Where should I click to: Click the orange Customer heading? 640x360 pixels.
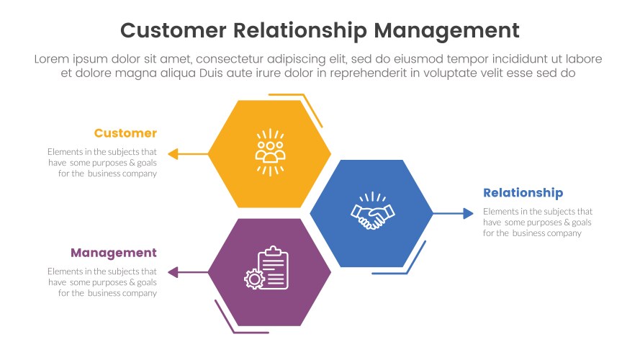point(125,133)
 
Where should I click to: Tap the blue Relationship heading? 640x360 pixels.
point(523,193)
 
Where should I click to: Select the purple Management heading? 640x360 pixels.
point(113,253)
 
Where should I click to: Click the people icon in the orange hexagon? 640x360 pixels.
point(270,152)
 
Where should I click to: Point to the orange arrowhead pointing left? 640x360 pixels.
point(172,153)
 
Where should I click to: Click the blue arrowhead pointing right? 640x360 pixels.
point(468,213)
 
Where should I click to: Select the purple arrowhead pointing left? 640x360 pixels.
point(172,272)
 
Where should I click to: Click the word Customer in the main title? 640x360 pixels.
point(173,30)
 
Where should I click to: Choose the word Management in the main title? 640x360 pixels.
point(447,30)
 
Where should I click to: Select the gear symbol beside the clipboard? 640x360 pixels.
point(253,279)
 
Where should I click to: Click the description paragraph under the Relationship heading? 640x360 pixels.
point(537,222)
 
